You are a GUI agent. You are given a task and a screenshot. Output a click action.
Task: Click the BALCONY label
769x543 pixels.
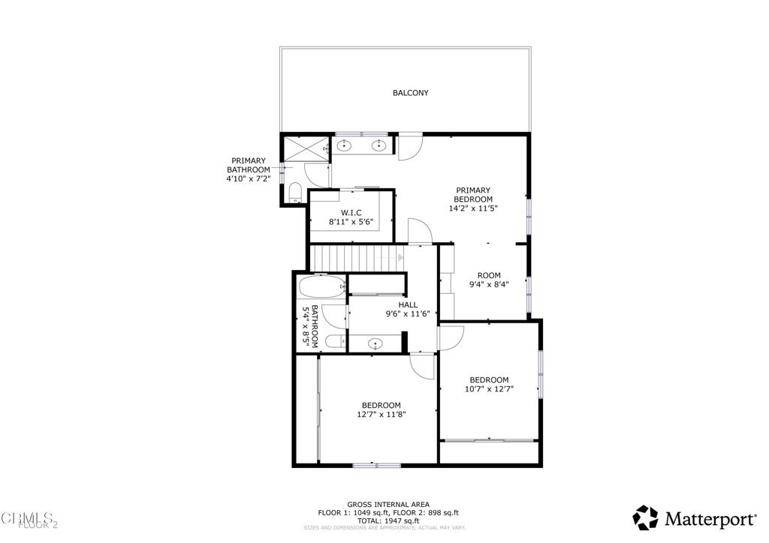[410, 93]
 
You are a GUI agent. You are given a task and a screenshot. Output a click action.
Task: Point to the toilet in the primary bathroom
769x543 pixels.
[295, 191]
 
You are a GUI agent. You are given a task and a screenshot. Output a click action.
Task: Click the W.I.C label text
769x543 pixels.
[351, 213]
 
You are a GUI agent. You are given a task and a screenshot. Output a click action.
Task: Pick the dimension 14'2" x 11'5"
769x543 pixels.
[472, 208]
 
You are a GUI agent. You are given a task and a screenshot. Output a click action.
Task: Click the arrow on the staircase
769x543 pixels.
[400, 257]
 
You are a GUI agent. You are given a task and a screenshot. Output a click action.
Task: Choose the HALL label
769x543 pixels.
[408, 304]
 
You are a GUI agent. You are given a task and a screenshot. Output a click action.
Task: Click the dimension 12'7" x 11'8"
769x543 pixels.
[381, 414]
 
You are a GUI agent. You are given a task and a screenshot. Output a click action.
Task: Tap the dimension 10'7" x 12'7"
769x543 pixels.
[489, 388]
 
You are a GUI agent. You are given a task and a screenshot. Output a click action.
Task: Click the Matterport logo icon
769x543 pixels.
[646, 517]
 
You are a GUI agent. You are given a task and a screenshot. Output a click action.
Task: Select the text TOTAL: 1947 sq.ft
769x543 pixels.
[388, 520]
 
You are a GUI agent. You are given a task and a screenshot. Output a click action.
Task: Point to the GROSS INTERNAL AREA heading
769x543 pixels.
[388, 505]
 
